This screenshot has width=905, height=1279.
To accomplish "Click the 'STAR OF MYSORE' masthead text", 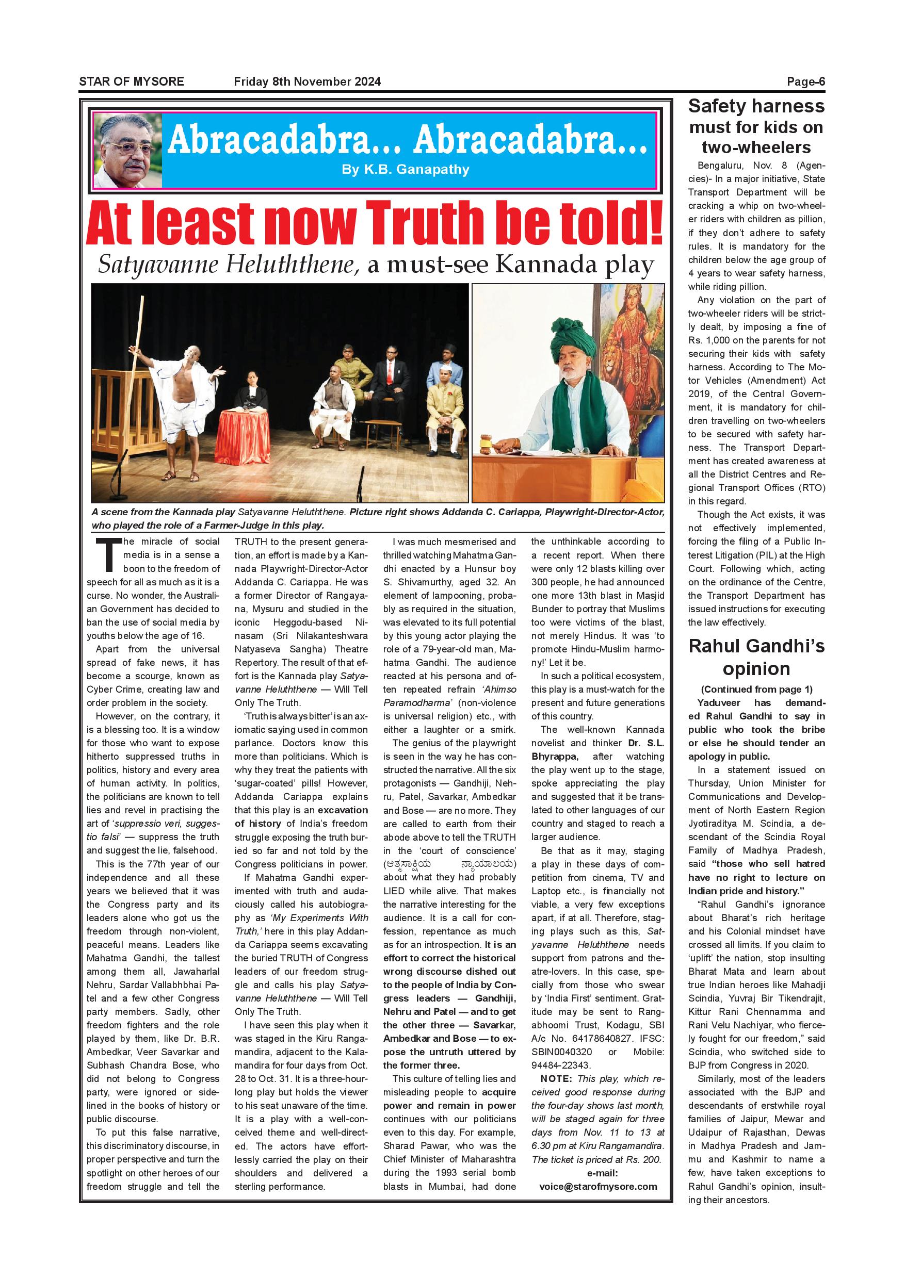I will click(132, 81).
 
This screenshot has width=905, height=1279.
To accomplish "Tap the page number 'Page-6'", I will click(805, 82).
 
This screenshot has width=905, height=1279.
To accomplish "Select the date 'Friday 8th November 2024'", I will click(307, 81).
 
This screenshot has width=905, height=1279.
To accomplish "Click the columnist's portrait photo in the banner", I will click(127, 151).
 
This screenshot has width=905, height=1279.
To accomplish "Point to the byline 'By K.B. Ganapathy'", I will click(406, 169).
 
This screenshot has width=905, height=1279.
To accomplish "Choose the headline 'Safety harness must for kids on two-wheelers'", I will click(756, 126).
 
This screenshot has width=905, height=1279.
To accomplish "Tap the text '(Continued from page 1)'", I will click(756, 689).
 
